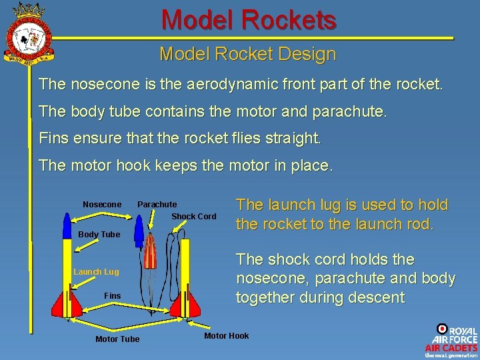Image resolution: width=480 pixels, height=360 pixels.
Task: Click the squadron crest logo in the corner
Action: coord(29,33)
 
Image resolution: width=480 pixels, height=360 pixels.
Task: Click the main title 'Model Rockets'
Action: coord(249,20)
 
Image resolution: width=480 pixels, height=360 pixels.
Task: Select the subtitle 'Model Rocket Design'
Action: coord(247,54)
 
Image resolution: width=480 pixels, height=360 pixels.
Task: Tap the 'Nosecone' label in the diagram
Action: coord(102,204)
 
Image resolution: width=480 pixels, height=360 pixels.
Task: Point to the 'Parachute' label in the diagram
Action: coord(157,204)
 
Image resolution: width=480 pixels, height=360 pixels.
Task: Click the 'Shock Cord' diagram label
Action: coord(194,217)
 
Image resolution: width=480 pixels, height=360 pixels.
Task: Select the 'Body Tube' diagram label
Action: coord(99,234)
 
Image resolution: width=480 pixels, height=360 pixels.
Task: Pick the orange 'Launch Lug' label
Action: coord(96,272)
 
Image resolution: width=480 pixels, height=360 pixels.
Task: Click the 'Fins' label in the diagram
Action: coord(113,295)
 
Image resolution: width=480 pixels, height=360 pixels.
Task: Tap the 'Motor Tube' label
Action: coord(117,339)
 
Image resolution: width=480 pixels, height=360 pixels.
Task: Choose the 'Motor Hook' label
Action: coord(226,335)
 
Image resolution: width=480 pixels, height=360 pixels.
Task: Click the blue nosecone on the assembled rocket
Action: coord(66,225)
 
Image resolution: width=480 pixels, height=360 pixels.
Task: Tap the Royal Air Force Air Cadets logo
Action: coord(451,341)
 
